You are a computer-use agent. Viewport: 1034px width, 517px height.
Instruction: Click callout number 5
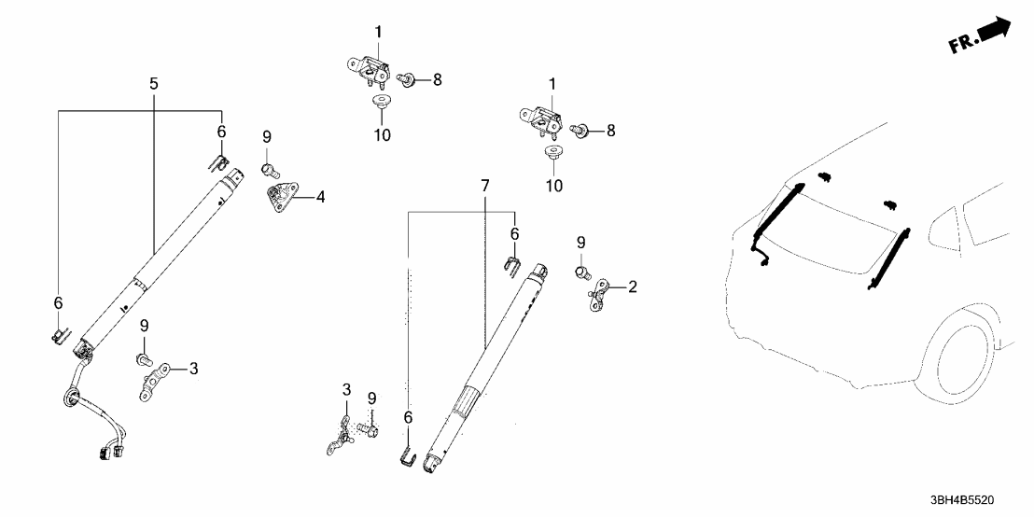tap(153, 84)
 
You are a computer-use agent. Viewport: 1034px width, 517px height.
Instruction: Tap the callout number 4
tap(320, 197)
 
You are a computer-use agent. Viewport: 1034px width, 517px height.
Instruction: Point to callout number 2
tap(632, 286)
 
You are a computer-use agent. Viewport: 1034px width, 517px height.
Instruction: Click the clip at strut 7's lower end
tap(406, 456)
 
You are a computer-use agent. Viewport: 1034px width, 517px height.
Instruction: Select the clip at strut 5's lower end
tap(59, 332)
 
